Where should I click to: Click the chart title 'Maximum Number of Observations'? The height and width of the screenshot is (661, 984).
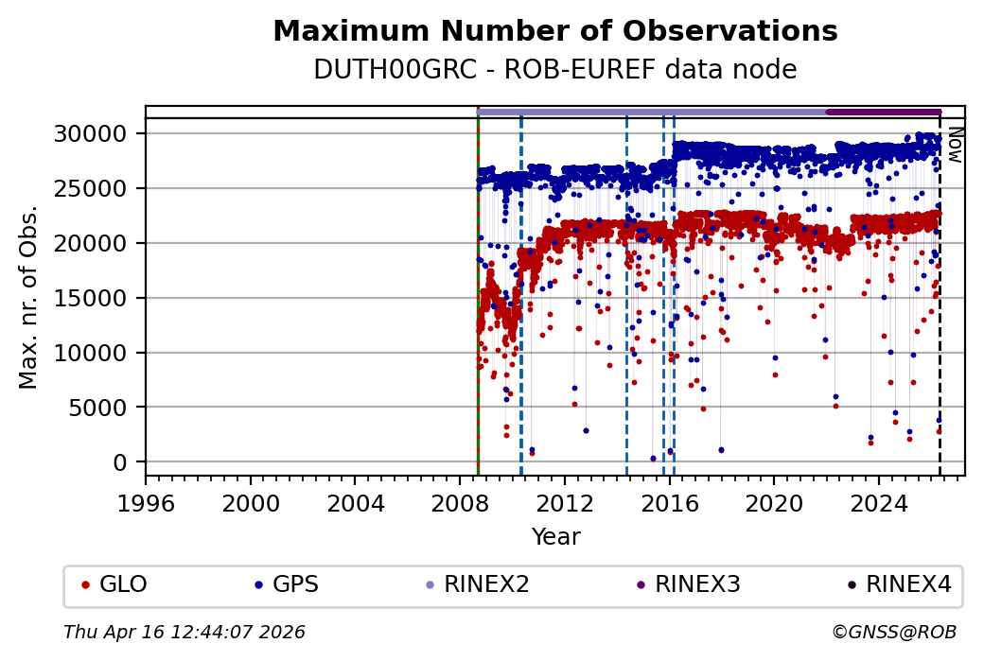coord(555,31)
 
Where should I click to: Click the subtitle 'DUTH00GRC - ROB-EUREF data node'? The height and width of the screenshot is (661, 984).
coord(555,70)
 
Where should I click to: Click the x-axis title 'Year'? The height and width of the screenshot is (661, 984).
coord(555,537)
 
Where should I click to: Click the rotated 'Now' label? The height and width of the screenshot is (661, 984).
coord(956,145)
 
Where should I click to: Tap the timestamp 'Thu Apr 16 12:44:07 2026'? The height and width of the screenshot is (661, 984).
coord(184,632)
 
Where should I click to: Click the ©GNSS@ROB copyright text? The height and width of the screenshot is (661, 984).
coord(894,632)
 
